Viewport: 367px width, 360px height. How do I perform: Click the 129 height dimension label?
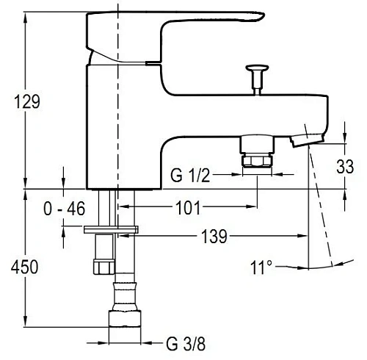pos(27,102)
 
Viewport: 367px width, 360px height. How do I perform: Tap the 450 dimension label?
pos(24,267)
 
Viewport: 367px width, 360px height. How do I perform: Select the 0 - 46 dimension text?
pos(65,209)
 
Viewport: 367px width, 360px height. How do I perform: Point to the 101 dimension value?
pos(188,208)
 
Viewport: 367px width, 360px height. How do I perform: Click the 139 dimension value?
pos(214,237)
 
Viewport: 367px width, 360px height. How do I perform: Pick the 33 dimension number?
pos(345,167)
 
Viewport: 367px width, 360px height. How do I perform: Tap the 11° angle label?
pos(261,267)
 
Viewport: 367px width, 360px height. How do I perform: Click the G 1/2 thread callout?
pos(190,176)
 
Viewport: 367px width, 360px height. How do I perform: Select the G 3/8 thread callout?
pos(186,344)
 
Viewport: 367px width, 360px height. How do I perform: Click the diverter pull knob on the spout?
pos(257,79)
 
